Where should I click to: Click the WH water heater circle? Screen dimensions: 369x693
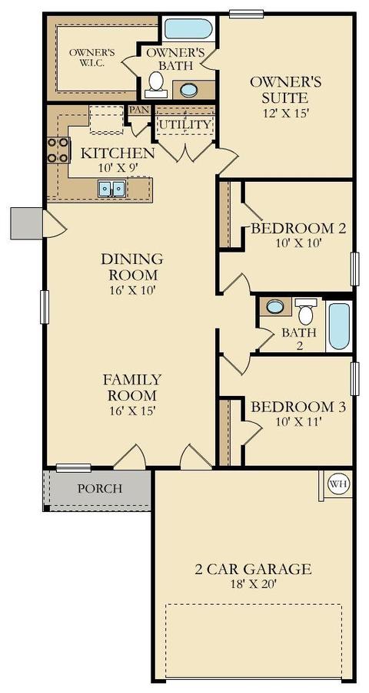(x=338, y=484)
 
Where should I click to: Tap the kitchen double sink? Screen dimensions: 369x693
(x=111, y=189)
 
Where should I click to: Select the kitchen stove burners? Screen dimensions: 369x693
(x=58, y=150)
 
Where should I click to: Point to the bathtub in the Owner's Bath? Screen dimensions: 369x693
(x=188, y=28)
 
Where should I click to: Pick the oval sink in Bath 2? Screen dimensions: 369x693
(x=275, y=306)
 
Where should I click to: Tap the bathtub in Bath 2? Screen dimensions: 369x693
(x=339, y=325)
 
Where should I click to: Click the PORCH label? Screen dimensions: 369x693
(x=100, y=488)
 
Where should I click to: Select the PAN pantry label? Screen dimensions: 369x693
(x=138, y=109)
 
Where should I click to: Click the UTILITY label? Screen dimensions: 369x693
(x=184, y=124)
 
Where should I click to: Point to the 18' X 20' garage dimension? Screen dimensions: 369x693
(x=254, y=584)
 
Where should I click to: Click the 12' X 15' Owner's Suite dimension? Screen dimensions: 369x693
(x=285, y=112)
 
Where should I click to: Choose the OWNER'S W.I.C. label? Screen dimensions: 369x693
(x=92, y=58)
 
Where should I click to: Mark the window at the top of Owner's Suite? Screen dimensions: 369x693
(x=246, y=15)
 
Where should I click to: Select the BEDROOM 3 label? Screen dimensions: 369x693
(x=298, y=406)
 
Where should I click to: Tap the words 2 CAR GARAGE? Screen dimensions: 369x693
(x=253, y=569)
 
